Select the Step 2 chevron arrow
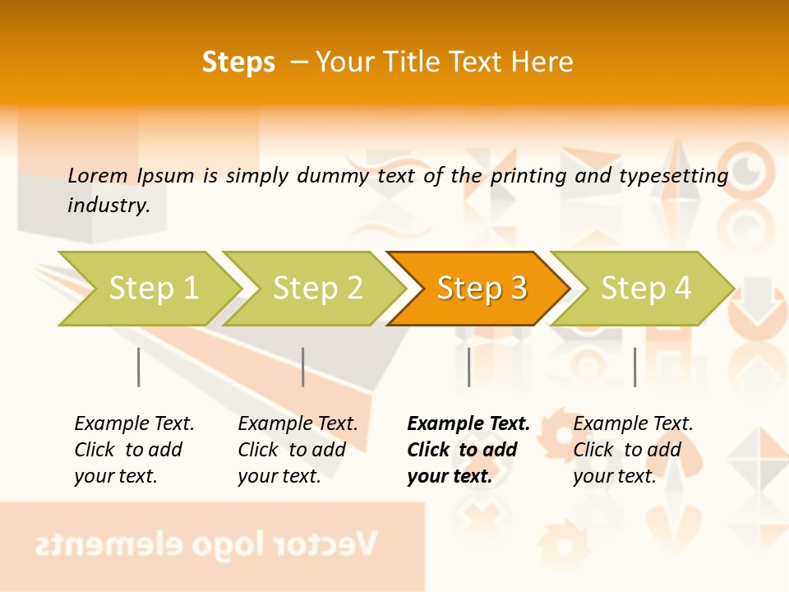click(x=316, y=289)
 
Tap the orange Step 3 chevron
click(x=480, y=289)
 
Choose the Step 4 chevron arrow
click(x=644, y=289)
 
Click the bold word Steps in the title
click(x=238, y=62)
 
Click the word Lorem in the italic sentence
click(x=97, y=175)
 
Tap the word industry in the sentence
click(x=108, y=205)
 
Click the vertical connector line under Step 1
click(x=139, y=367)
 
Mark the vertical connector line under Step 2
click(x=303, y=367)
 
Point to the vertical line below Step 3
click(x=468, y=367)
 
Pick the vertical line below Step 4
click(x=634, y=367)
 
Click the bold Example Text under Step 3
click(x=468, y=423)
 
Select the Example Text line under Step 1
click(x=134, y=423)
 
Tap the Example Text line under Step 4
click(x=633, y=423)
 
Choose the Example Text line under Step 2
click(x=298, y=423)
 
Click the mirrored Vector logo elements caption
click(x=205, y=543)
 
